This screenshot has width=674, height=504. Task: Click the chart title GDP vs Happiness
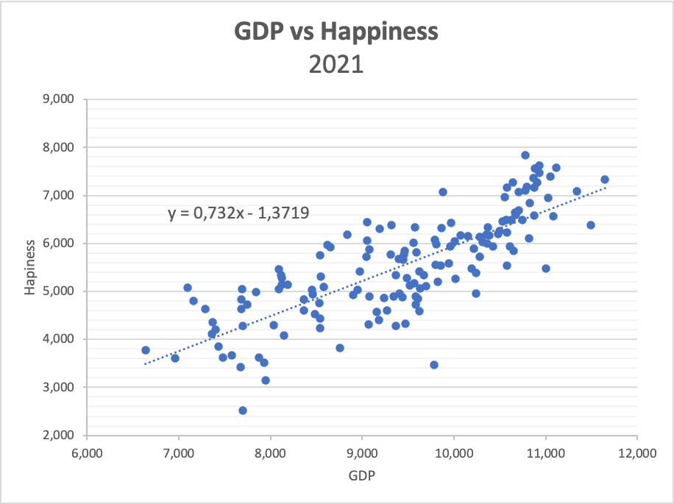click(336, 32)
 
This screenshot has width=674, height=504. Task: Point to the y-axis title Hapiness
click(30, 267)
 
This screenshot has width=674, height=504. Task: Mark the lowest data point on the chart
click(243, 411)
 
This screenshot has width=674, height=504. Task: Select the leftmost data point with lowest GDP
click(146, 350)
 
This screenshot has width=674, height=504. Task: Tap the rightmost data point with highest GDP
click(605, 180)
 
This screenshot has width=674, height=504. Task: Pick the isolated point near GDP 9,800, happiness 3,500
click(434, 365)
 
